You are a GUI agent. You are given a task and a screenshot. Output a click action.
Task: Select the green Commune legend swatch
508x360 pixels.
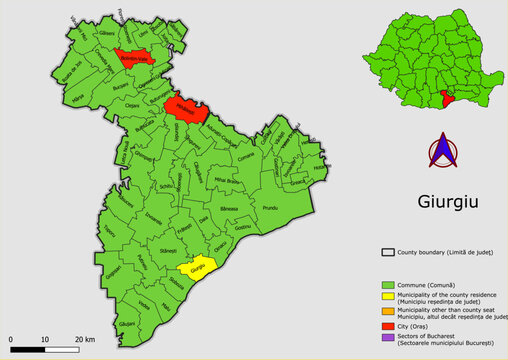coord(391,286)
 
